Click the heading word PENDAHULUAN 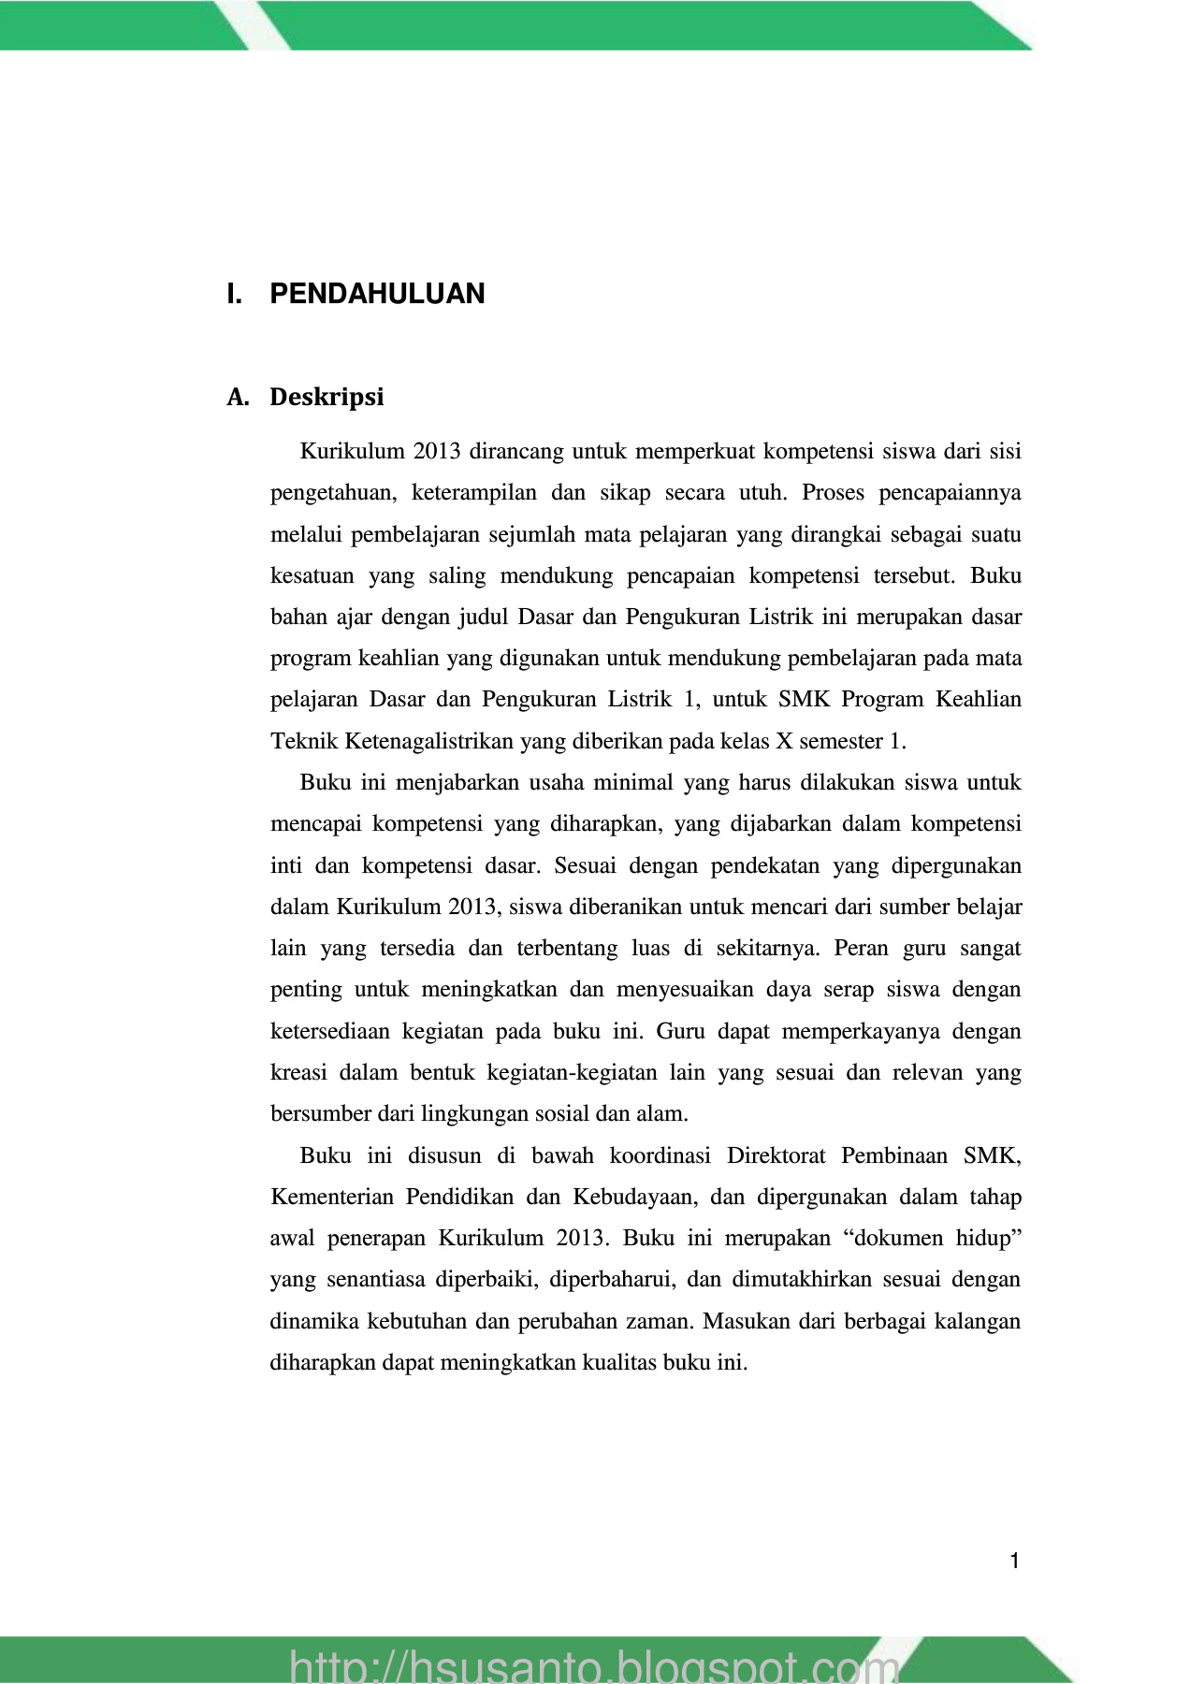[377, 294]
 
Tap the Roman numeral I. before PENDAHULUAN [234, 294]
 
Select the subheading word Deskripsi [327, 397]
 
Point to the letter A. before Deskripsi [238, 397]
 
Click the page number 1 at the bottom [1014, 1561]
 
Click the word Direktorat [776, 1155]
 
